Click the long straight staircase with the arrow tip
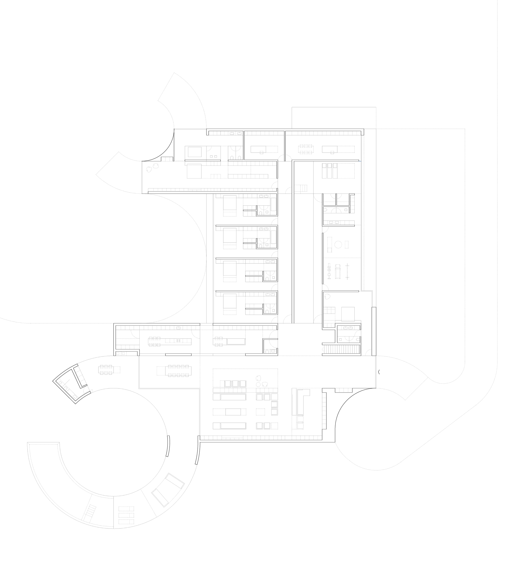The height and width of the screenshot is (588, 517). (341, 349)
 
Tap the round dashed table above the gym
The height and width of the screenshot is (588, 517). (338, 244)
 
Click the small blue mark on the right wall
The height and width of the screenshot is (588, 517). (360, 161)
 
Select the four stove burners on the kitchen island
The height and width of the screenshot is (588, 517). (178, 341)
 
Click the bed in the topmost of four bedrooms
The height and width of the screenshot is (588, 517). (230, 206)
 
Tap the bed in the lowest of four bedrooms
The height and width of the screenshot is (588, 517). (230, 304)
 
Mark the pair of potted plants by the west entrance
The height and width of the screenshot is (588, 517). (152, 168)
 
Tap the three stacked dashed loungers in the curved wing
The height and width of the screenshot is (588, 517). (126, 515)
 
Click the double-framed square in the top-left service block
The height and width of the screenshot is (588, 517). (194, 152)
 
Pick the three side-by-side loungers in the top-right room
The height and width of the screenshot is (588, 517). (329, 171)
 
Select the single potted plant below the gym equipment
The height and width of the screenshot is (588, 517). (327, 297)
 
